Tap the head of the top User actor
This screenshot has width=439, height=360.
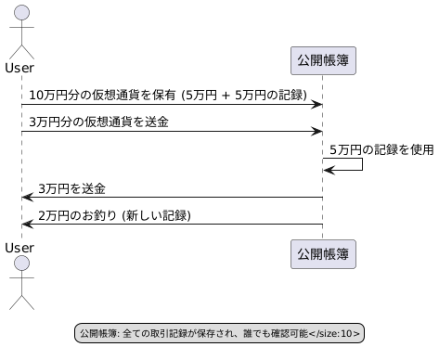point(20,12)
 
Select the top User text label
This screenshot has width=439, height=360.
point(20,68)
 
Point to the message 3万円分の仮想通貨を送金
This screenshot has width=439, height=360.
point(98,122)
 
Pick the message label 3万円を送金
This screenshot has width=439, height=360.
point(71,188)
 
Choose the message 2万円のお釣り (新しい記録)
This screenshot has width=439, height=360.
point(114,215)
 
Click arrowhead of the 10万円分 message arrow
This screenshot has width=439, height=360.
point(316,104)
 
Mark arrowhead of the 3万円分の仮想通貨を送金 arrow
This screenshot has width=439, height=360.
point(316,131)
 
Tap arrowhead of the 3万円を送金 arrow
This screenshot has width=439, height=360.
point(27,198)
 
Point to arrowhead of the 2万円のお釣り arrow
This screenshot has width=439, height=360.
point(27,225)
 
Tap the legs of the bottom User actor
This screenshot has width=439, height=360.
point(20,299)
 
